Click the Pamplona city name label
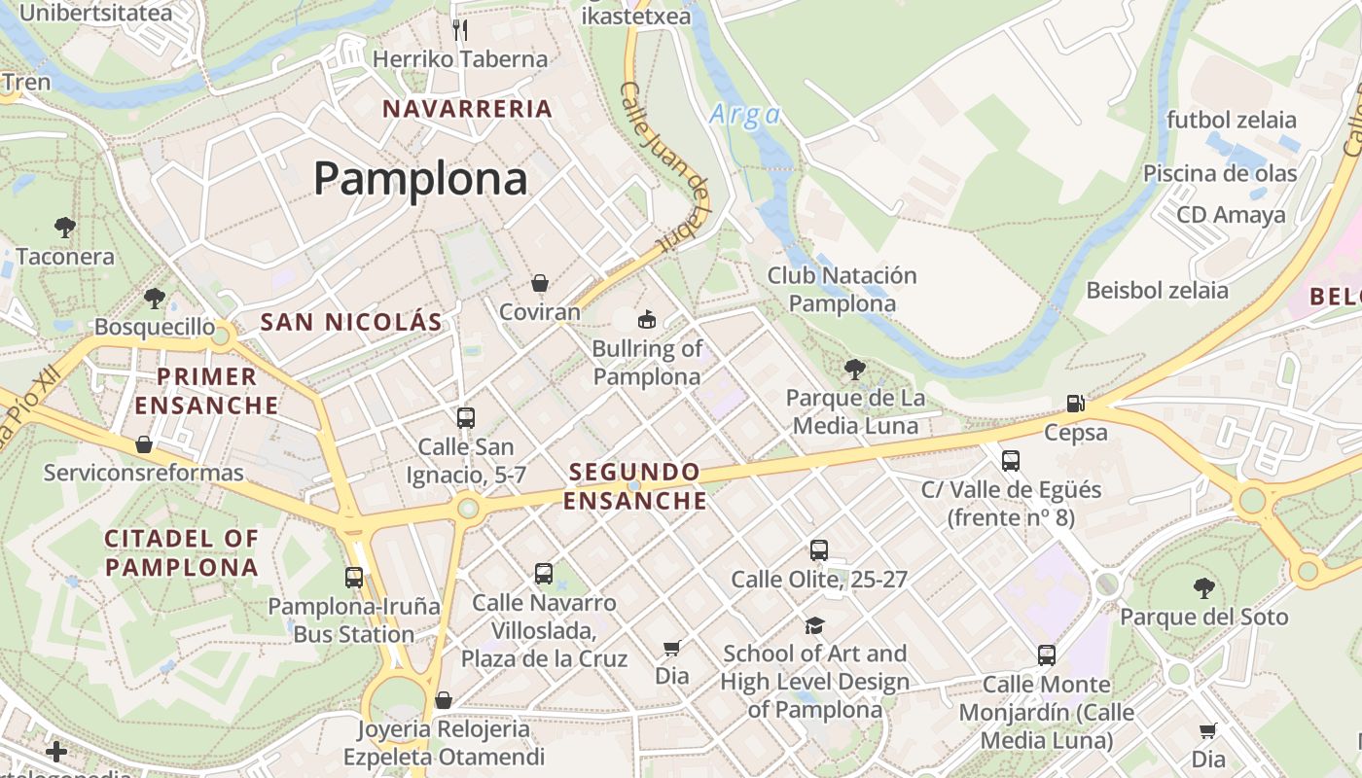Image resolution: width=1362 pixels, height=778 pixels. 420,179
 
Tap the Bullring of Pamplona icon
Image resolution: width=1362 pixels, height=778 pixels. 646,319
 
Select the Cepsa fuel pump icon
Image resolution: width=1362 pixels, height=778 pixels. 1075,403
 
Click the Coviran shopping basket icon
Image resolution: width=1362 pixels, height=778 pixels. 540,283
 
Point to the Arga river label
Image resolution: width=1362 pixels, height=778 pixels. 744,115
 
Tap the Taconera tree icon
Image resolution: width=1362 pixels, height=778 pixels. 65,228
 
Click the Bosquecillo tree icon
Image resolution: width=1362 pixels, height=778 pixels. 154,298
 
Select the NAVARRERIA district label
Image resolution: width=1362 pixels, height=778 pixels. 468,108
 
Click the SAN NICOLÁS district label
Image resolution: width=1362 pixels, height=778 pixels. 351,322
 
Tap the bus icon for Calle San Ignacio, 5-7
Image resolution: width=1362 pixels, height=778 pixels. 466,418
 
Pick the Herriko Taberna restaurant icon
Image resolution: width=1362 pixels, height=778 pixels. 460,30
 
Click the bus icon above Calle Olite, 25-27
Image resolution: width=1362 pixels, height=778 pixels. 819,550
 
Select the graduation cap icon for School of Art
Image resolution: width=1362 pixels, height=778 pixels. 814,624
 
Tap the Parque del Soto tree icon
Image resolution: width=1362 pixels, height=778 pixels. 1203,587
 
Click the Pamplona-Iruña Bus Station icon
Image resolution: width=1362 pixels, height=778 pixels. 354,578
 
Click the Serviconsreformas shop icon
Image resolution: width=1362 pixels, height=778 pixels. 144,444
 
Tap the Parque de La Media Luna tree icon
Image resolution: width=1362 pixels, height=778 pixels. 855,369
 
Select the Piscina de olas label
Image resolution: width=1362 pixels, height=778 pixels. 1220,173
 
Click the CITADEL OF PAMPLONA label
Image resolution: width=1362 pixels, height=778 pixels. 182,552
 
